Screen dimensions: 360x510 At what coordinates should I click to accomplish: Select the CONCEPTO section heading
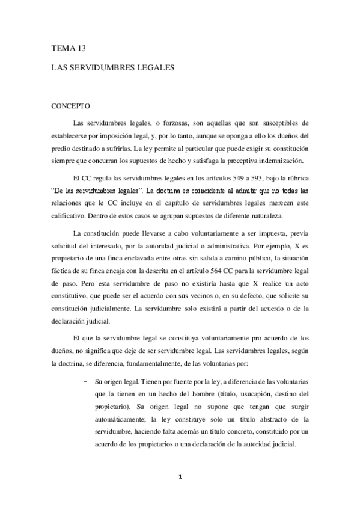click(x=70, y=107)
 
